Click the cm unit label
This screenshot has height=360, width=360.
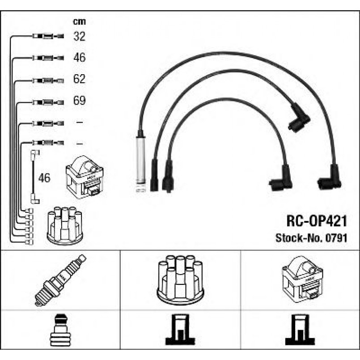click(79, 22)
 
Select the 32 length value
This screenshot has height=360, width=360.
click(80, 36)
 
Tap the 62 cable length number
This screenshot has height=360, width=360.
click(79, 79)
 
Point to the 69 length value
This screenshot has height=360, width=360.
click(80, 100)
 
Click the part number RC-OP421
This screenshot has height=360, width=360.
click(317, 221)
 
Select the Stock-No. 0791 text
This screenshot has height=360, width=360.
click(311, 238)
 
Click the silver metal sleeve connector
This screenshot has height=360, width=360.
click(141, 161)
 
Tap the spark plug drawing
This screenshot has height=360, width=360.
click(60, 280)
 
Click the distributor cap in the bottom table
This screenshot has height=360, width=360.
click(180, 280)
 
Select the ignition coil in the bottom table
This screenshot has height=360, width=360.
click(303, 280)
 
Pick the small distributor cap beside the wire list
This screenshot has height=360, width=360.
click(65, 225)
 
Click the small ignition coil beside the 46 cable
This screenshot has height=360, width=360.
click(85, 177)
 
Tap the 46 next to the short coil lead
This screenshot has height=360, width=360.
click(44, 178)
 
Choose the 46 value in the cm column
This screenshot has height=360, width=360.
click(80, 57)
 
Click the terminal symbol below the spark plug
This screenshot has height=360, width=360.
click(60, 330)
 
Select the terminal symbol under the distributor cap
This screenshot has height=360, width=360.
click(180, 330)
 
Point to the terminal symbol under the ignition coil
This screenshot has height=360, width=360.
click(300, 330)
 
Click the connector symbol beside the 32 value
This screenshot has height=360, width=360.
click(48, 36)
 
